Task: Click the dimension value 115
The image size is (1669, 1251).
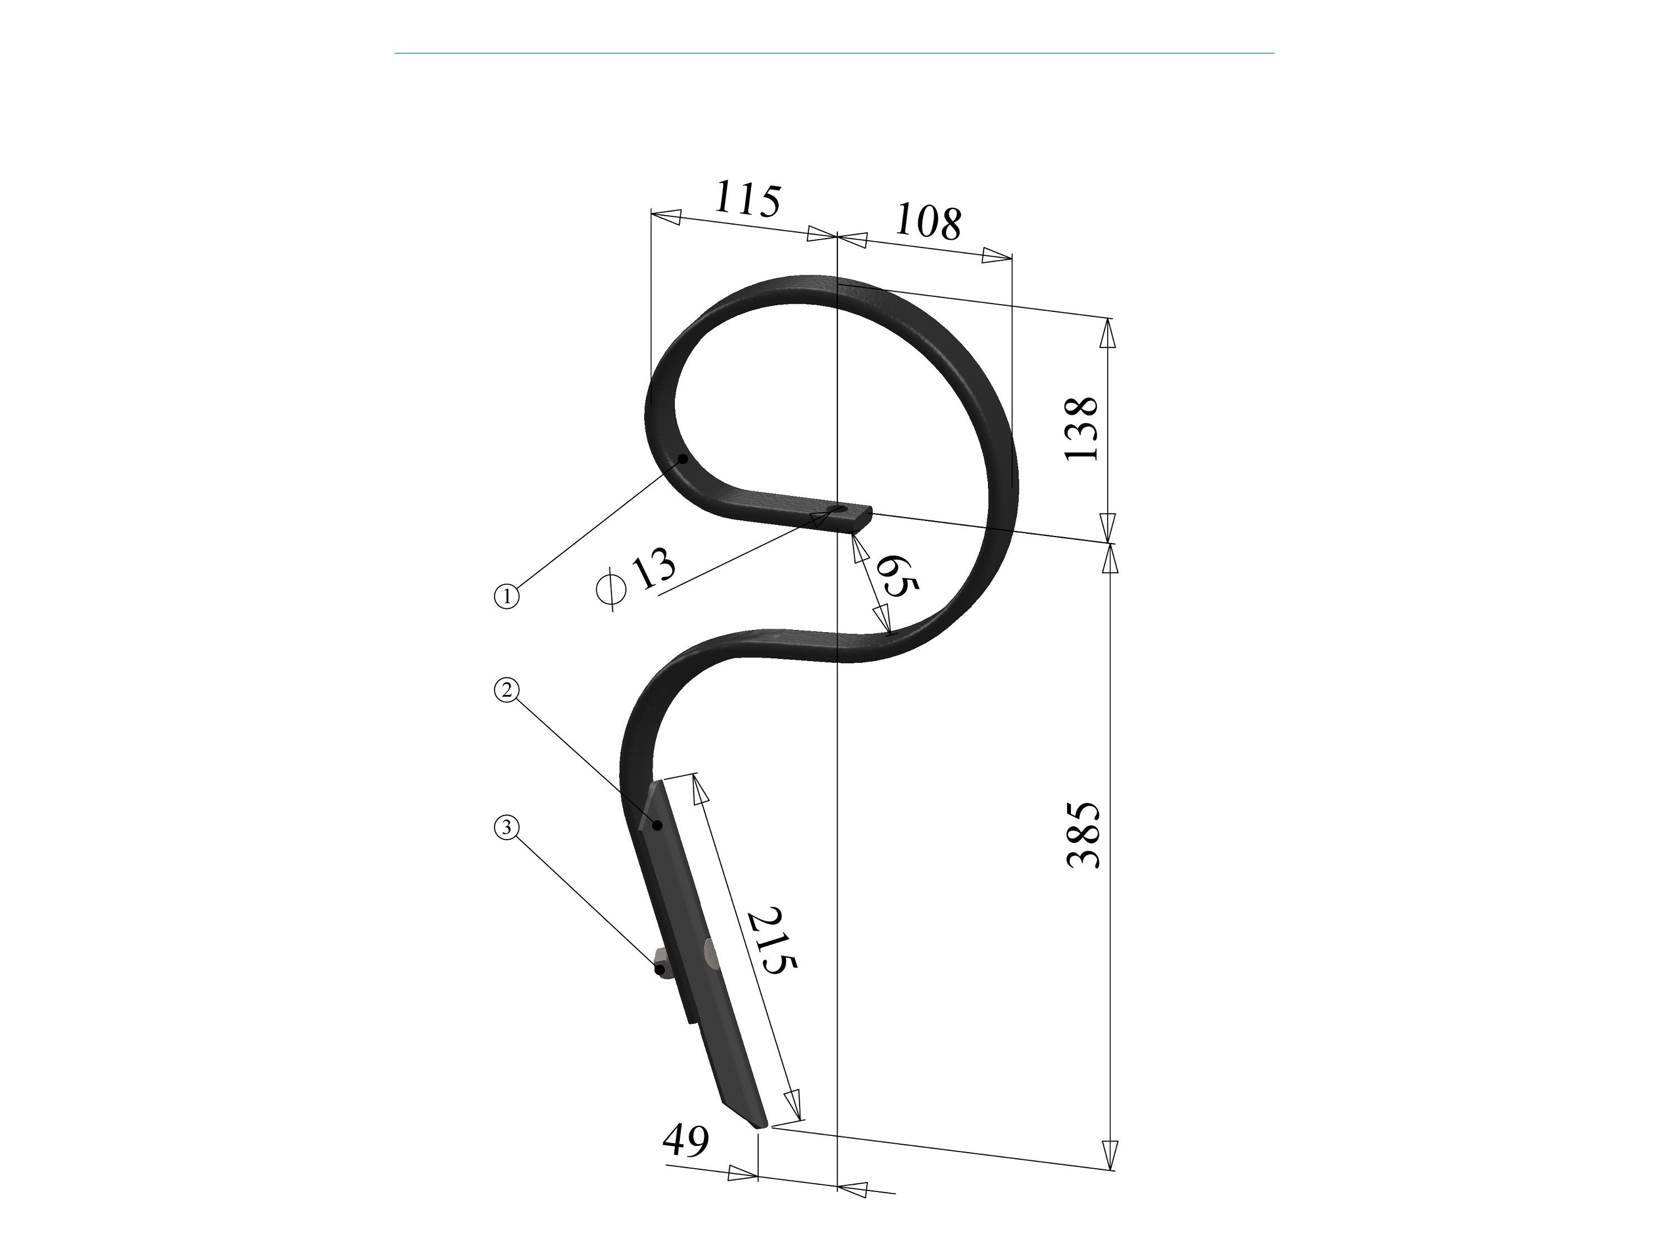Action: (x=747, y=198)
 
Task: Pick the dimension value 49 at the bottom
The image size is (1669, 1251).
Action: (x=686, y=1141)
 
